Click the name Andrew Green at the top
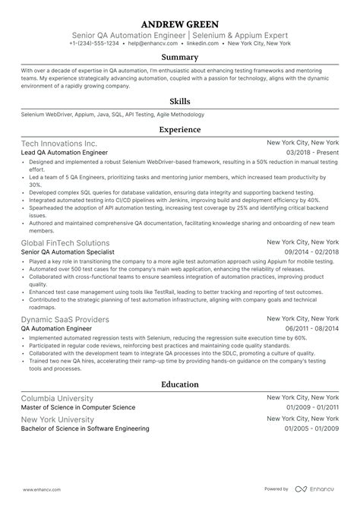(180, 21)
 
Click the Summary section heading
(180, 58)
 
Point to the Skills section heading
(180, 101)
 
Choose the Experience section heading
(180, 130)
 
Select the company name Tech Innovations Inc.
(58, 143)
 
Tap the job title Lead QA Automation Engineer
(65, 152)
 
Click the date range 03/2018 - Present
(312, 152)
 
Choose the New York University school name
(58, 419)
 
